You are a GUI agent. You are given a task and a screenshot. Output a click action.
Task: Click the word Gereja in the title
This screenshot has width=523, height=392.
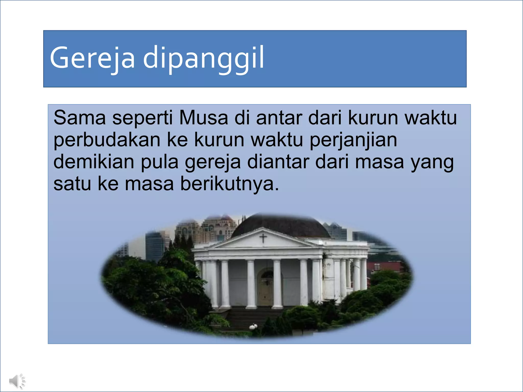pos(92,58)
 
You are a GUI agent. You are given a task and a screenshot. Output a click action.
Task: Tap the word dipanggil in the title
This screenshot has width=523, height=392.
pos(203,58)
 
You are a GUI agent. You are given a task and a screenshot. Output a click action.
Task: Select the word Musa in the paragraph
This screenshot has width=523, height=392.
pos(204,118)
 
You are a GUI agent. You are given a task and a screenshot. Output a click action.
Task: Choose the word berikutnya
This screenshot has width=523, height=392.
pos(230,184)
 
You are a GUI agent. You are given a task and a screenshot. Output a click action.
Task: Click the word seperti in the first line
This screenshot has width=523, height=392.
pos(142,118)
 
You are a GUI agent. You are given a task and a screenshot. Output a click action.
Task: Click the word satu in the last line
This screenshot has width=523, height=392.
pos(72,184)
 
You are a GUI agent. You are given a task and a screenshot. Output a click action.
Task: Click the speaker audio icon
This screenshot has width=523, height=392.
pos(17,381)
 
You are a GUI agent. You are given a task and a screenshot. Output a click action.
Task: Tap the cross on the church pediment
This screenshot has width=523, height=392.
pos(263,238)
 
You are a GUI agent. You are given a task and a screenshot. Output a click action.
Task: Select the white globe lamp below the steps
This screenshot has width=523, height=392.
pos(253,326)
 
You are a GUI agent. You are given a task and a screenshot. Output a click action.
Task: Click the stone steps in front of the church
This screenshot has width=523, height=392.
pos(250,318)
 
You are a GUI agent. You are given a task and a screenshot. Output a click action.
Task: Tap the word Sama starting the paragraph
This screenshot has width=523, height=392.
pos(79,118)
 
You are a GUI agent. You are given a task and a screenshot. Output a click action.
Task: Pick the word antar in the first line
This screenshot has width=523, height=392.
pos(279,118)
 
